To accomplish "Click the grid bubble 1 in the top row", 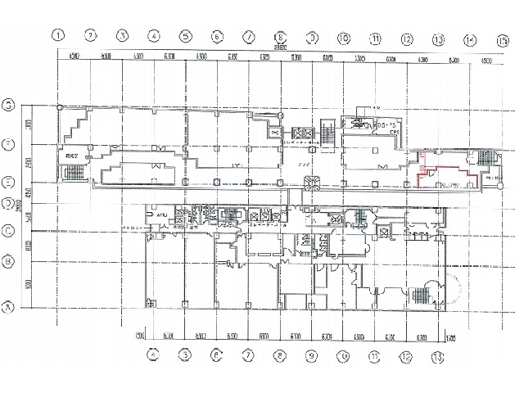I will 58,35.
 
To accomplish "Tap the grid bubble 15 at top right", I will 501,38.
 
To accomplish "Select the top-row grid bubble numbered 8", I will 280,36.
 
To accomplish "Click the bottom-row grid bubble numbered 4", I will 153,355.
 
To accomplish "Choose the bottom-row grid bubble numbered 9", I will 311,355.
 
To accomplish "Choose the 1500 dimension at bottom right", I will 449,337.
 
